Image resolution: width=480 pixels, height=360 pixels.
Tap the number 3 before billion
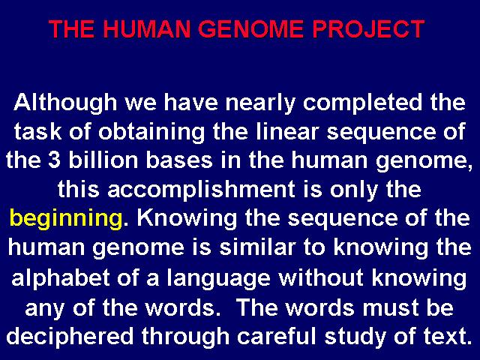point(54,160)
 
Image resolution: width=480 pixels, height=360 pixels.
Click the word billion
point(103,160)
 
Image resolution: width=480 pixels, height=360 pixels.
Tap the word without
point(321,277)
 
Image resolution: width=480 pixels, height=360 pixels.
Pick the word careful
point(276,335)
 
